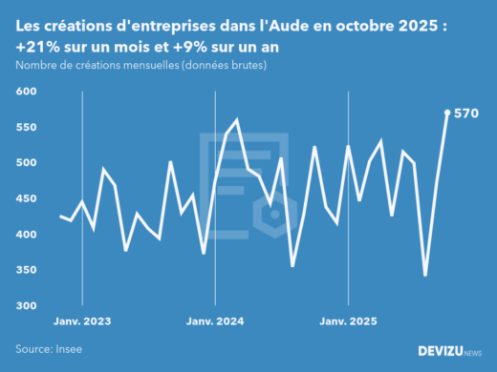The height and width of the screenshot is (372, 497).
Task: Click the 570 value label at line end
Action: coord(465,113)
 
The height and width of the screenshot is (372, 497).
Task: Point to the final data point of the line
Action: coord(447,113)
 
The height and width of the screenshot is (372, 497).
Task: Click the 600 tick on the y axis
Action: coord(25,92)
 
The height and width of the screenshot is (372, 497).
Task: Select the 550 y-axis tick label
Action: coord(25,127)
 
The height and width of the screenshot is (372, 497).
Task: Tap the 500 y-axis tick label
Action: coord(25,163)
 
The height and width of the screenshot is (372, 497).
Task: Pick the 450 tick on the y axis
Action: coord(25,198)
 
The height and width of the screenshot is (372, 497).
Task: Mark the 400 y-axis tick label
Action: coord(25,235)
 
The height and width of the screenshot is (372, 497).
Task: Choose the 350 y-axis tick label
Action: coord(25,270)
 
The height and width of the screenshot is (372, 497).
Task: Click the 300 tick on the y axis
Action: coord(25,306)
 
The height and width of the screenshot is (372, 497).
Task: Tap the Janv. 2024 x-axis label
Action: coord(216,321)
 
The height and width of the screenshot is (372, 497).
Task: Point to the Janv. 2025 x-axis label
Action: coord(349,321)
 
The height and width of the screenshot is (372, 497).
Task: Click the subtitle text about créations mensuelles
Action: coord(140,66)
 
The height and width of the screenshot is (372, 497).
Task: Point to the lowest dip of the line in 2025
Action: coord(425,276)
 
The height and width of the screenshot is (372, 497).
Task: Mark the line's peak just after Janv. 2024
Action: coord(236,120)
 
